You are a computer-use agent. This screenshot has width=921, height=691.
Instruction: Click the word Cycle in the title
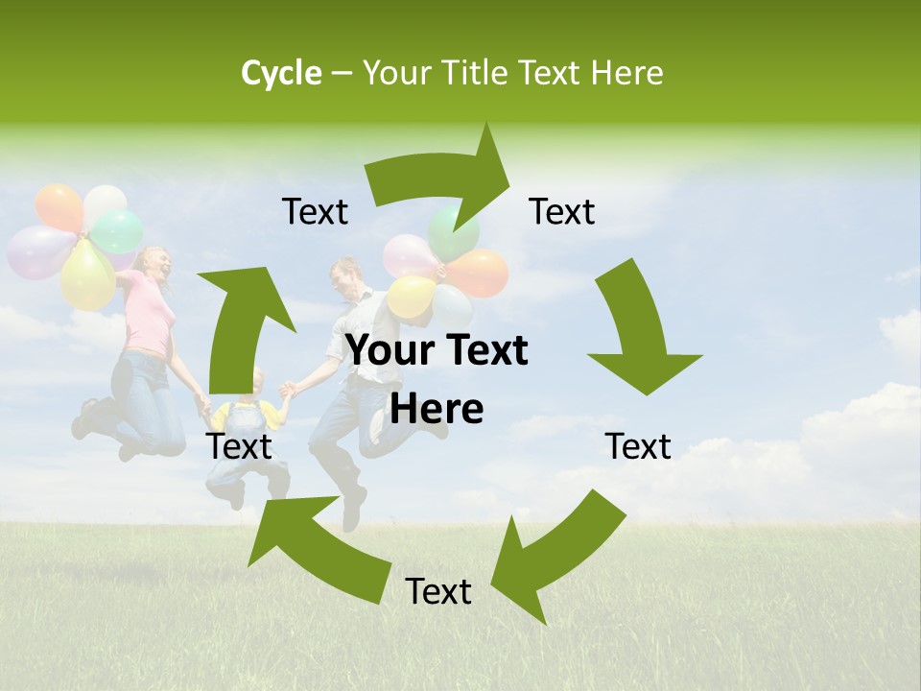pos(281,73)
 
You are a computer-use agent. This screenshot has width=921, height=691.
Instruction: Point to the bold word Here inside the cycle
pos(437,410)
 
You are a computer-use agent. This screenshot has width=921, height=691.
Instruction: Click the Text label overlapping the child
pos(239,446)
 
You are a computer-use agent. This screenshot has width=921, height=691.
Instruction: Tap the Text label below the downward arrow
pos(638,446)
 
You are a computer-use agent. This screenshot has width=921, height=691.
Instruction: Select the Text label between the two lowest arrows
pos(438,591)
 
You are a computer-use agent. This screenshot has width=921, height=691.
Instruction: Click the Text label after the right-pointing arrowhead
pos(562,211)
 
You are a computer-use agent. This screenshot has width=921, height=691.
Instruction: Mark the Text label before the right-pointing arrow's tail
pos(315,211)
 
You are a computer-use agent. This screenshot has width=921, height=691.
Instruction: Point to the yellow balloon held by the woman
pos(87,274)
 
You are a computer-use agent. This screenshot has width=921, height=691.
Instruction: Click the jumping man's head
pos(344,279)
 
